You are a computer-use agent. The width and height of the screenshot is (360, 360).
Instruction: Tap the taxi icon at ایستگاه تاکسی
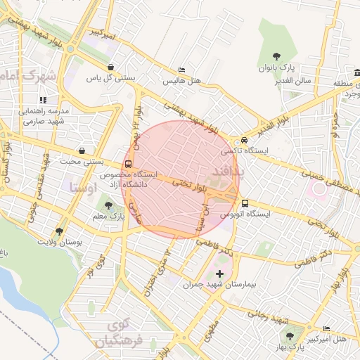(x=244, y=140)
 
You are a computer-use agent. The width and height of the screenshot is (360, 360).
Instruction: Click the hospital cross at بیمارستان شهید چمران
(x=220, y=274)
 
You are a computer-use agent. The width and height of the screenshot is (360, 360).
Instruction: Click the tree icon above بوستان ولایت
(x=59, y=231)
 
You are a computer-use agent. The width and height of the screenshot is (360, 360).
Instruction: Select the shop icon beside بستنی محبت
(x=82, y=150)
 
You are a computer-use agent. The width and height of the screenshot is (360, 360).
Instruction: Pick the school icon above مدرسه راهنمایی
(x=44, y=100)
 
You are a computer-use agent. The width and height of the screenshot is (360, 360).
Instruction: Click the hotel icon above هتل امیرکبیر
(x=326, y=328)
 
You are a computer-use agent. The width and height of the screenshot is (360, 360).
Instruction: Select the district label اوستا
(x=83, y=188)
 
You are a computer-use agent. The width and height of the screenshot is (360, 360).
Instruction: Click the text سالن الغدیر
(x=294, y=81)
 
